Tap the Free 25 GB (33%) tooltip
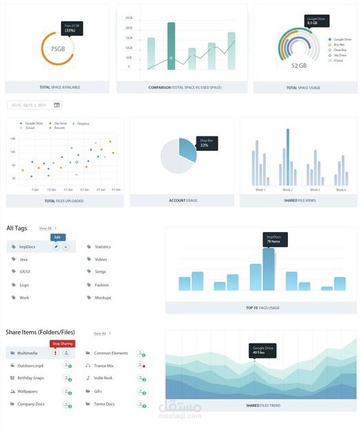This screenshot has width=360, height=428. pos(70,28)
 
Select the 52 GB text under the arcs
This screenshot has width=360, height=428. pos(298,66)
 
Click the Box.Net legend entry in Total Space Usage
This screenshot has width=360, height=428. pos(338,45)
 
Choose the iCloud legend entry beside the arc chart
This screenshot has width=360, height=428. pos(337,60)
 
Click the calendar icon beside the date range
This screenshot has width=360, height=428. pos(57,105)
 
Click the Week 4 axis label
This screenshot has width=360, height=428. pos(339,190)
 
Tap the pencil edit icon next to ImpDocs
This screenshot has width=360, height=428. pos(56,247)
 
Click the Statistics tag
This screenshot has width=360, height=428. pos(102,247)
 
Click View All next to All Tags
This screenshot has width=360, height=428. pos(46,228)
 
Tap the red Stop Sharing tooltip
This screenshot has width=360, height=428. pos(62,343)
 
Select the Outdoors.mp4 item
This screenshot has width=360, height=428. pos(30,366)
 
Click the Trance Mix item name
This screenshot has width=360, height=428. pos(104,366)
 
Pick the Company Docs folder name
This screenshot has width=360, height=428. pos(31,404)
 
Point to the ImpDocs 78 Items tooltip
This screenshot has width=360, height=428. pos(275,238)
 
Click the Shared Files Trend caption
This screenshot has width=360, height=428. pos(262,404)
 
